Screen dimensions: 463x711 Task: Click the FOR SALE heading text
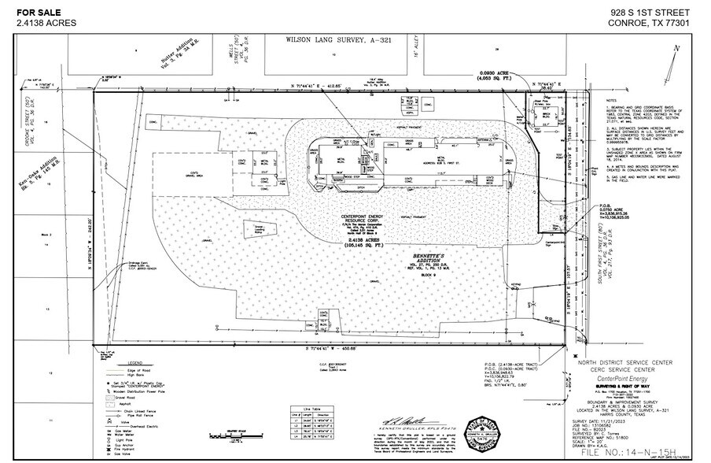point(33,12)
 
